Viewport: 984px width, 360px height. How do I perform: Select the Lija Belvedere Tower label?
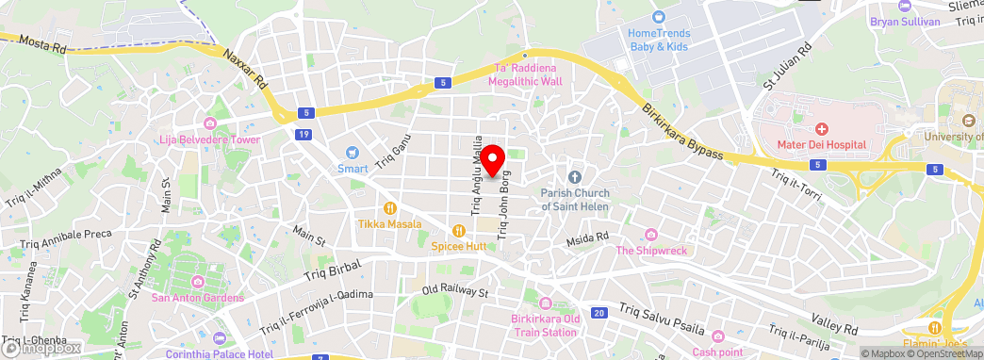click(x=213, y=139)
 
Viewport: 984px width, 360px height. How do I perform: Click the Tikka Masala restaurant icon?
click(x=388, y=208)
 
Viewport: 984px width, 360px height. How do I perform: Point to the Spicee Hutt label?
click(x=458, y=246)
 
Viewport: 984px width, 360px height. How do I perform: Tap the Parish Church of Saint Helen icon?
click(x=575, y=177)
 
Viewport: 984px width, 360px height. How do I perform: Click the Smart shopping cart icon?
click(x=353, y=153)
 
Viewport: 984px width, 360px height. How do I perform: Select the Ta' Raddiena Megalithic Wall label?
click(x=525, y=74)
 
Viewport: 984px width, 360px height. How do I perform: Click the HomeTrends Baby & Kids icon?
click(x=659, y=16)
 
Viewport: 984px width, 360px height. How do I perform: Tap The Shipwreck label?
click(x=651, y=250)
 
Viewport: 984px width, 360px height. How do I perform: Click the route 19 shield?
click(x=303, y=135)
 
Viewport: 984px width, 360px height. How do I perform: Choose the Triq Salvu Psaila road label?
click(x=665, y=318)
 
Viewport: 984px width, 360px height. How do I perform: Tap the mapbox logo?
click(x=41, y=348)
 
